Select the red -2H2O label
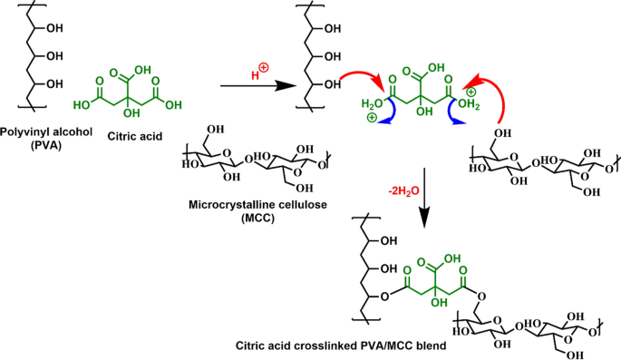click(x=403, y=191)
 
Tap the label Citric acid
click(x=135, y=137)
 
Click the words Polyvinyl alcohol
click(x=46, y=131)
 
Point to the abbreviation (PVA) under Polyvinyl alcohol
click(x=46, y=145)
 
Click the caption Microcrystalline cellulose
click(x=257, y=205)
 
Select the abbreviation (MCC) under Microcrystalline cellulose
click(x=257, y=219)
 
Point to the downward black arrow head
click(x=424, y=220)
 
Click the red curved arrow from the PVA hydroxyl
click(x=364, y=75)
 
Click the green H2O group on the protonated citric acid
click(x=373, y=104)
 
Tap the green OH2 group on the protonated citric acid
click(x=469, y=105)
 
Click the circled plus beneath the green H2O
click(x=372, y=118)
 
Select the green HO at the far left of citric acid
click(x=82, y=105)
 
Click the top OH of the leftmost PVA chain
click(x=54, y=28)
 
